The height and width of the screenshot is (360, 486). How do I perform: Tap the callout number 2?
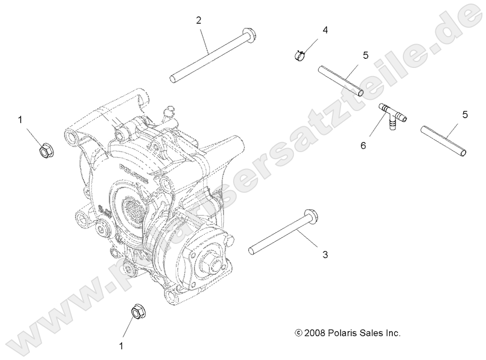click(199, 20)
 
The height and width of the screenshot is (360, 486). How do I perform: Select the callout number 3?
click(324, 255)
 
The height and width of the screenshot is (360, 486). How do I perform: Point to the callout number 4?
click(325, 30)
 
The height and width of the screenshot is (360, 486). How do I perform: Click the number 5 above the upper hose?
click(365, 55)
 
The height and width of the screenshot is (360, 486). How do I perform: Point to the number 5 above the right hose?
click(465, 115)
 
